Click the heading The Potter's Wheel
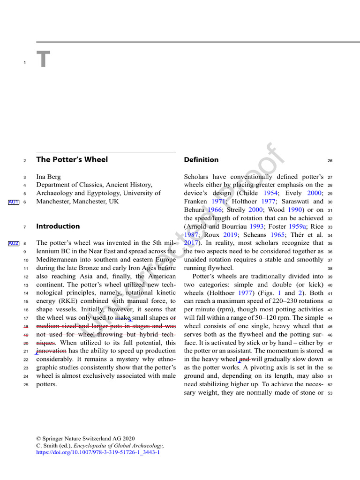(x=72, y=159)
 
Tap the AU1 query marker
(x=13, y=202)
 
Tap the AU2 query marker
(x=13, y=243)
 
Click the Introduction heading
(x=58, y=226)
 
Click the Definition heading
(x=201, y=160)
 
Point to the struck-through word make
(x=123, y=317)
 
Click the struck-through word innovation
(x=51, y=351)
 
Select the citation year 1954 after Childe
(x=270, y=193)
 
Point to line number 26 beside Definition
(x=330, y=161)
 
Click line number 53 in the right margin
(x=330, y=393)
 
